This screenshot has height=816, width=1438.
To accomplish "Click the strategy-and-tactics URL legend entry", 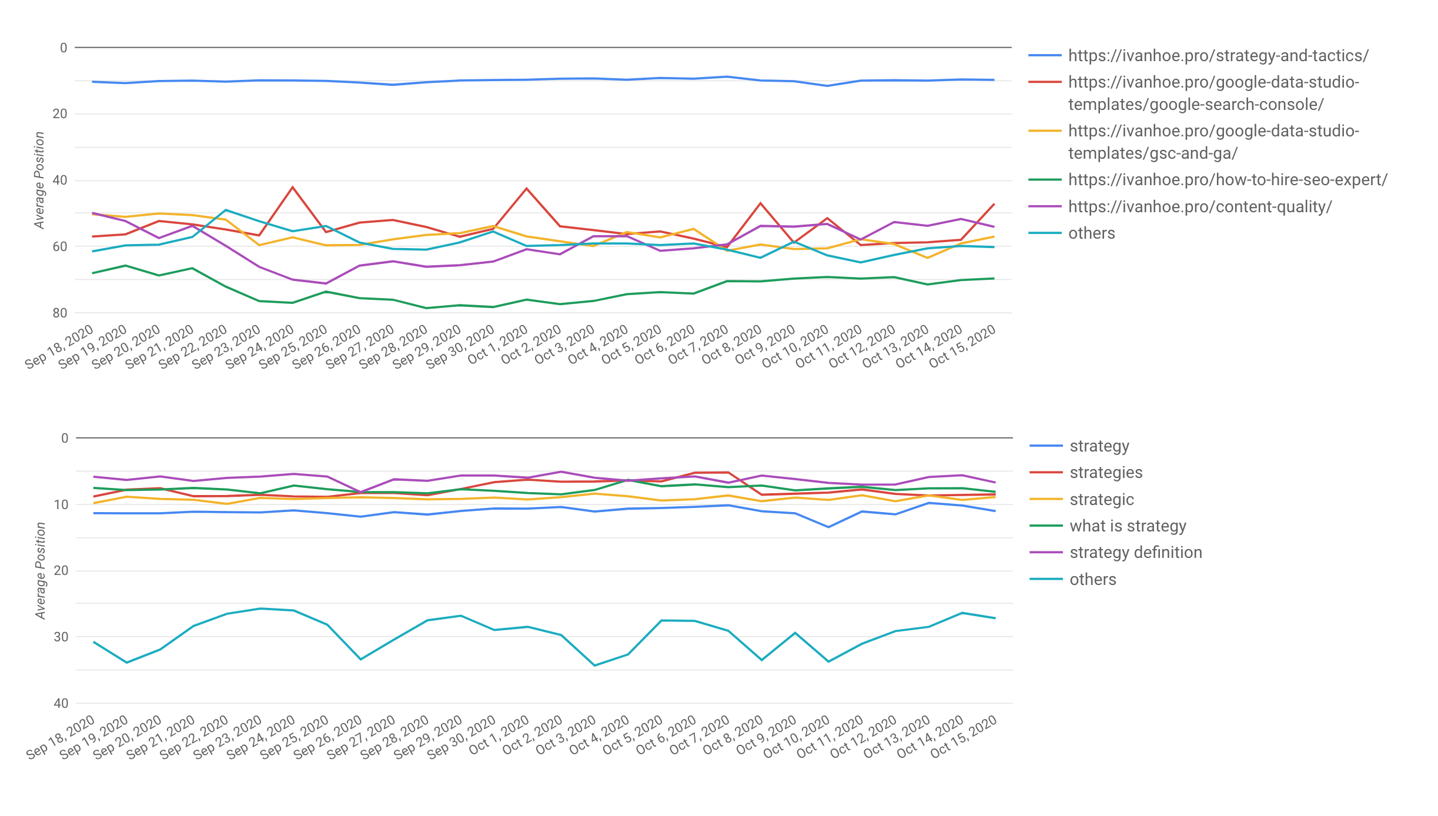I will click(1218, 56).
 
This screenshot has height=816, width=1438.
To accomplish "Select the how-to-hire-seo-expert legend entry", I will click(1227, 180).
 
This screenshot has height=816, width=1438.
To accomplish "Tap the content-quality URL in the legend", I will click(1199, 207).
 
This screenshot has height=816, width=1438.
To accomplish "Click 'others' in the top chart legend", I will click(1091, 233).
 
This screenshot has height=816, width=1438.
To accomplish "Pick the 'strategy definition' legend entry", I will click(1135, 553).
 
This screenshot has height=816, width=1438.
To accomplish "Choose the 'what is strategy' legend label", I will click(1128, 526).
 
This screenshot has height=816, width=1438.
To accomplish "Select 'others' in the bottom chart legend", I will click(1092, 580).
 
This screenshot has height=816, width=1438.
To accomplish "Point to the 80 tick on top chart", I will click(60, 313).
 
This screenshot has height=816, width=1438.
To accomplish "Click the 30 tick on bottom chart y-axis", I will click(61, 637).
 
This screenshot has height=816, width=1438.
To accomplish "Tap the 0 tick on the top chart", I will click(63, 48).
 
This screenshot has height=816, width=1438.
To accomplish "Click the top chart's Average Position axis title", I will click(39, 180).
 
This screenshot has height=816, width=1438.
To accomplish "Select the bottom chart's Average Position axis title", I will click(41, 570).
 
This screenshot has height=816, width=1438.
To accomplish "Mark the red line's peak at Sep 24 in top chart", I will click(293, 188).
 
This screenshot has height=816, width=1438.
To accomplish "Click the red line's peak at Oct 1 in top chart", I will click(526, 189).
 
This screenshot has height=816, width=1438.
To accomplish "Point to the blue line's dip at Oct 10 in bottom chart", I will click(828, 527).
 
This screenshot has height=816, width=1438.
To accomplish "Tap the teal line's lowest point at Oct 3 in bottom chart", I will click(594, 665).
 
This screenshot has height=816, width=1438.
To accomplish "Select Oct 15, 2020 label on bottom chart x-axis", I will click(964, 736).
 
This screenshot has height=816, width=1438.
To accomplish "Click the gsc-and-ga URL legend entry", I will click(1213, 142).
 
